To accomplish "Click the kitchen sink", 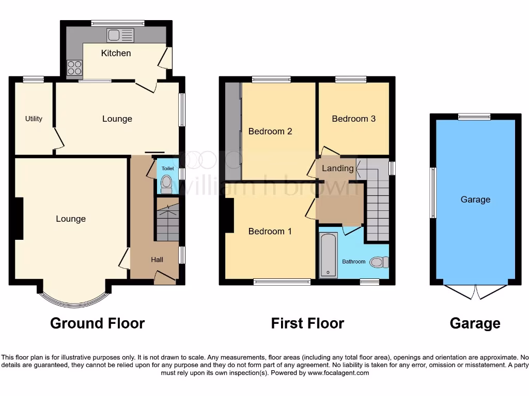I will point(120,35).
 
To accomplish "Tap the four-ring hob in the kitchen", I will point(74,68).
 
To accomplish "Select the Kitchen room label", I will point(116,53).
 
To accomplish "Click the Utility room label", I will point(34,119).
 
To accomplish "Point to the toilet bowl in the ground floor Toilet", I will point(166,183).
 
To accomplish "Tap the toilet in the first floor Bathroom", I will point(380,262).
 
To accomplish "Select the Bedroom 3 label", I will point(353,119).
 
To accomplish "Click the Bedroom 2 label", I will point(270,131).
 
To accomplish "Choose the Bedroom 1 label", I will point(270,232).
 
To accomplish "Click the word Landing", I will point(338,168).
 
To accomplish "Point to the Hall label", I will point(157,259).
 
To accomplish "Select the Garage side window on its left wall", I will point(433,192).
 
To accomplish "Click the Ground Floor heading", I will point(97,323).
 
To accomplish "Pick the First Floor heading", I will point(307,323).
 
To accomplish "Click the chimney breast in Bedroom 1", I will point(227,216).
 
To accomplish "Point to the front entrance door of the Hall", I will point(165,277).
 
